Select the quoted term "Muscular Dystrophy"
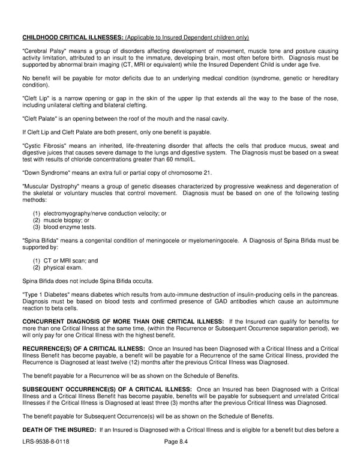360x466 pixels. [46, 186]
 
